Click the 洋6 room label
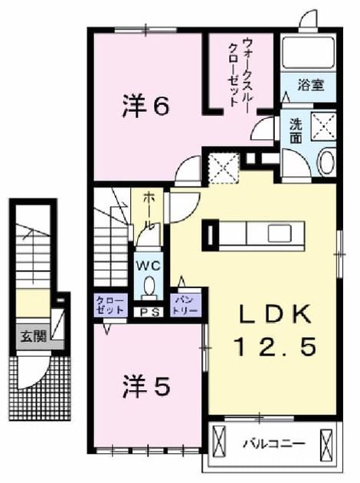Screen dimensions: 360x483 [146, 106]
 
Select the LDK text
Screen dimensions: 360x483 [275, 314]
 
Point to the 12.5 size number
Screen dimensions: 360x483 [275, 346]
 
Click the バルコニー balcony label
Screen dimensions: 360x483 [274, 444]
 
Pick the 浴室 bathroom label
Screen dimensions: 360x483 [310, 84]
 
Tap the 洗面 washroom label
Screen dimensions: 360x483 [296, 131]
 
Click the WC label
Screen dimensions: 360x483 [149, 266]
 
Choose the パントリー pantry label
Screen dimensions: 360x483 [185, 304]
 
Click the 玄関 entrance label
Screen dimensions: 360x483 [33, 337]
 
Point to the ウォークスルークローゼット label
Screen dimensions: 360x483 [241, 72]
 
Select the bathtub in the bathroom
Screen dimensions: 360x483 [309, 54]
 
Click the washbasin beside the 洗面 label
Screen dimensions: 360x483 [327, 163]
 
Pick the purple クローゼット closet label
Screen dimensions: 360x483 [111, 304]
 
